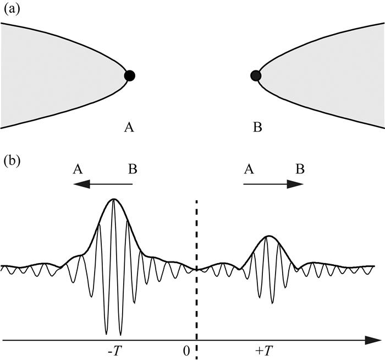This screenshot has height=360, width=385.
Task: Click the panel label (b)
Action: [10, 162]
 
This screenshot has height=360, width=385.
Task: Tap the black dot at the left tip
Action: [129, 76]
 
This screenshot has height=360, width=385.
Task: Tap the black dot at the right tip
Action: [255, 76]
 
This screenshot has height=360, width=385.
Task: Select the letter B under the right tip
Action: [257, 128]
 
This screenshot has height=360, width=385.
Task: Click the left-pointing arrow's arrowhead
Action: [82, 185]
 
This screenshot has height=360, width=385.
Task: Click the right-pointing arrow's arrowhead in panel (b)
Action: [297, 185]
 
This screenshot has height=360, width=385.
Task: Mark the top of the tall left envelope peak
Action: [114, 199]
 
